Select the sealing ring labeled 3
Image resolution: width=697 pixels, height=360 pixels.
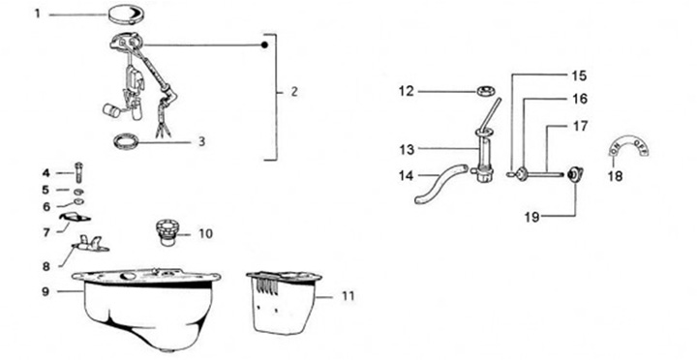[126, 141]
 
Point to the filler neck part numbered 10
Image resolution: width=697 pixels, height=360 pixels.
[167, 231]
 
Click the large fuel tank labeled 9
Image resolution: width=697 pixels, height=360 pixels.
[147, 307]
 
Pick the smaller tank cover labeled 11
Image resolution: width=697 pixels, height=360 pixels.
[283, 301]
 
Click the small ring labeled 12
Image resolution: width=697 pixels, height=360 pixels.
[486, 92]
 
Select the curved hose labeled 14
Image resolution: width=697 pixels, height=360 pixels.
[440, 183]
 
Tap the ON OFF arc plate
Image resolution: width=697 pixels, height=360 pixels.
[628, 146]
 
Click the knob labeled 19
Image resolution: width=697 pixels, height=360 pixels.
[576, 174]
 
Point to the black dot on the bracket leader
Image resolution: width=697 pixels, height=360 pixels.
[264, 45]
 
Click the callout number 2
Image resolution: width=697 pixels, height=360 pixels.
[294, 92]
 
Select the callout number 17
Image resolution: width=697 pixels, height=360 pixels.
[580, 126]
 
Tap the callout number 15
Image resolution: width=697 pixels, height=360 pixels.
[579, 76]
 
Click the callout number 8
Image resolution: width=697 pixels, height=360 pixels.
[46, 266]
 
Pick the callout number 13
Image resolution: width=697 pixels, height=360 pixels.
[407, 149]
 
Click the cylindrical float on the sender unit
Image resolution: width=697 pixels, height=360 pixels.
[111, 110]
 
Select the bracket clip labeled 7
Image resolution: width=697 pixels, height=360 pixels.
[75, 217]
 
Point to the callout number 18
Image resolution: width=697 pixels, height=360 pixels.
[616, 176]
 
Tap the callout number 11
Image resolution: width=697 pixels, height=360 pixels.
[348, 296]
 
